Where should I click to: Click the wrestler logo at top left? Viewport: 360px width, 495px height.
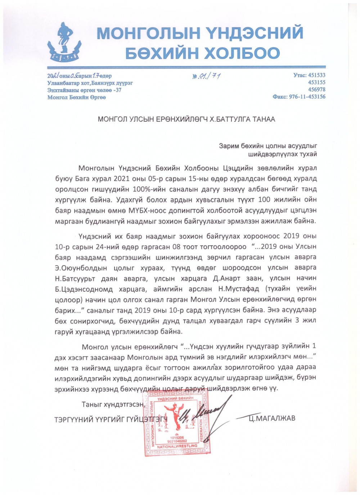coord(64,42)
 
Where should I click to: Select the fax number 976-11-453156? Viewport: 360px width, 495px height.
coord(307,96)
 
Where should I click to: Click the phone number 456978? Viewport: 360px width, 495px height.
coord(316,89)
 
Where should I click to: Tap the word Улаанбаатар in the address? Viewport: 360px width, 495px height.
coord(61,83)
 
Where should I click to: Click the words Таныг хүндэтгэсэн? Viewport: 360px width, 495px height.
coord(113,404)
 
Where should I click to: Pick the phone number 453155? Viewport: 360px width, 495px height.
coord(316,82)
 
